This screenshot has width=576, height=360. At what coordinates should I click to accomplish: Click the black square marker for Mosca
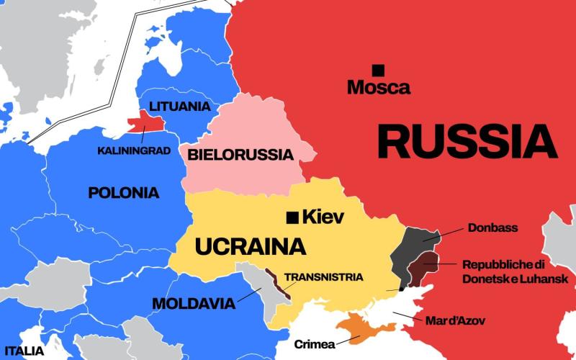click(377, 70)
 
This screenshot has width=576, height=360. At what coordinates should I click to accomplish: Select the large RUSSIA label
click(467, 141)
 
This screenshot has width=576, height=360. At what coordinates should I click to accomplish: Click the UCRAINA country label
click(251, 247)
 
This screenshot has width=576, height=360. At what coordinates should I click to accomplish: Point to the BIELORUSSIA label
click(240, 155)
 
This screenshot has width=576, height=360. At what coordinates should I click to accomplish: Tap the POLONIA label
click(123, 193)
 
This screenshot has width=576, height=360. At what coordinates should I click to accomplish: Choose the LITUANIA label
click(179, 107)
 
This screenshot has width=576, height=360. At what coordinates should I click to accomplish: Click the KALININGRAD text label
click(134, 150)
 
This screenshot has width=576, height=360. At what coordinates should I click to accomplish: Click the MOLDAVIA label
click(193, 304)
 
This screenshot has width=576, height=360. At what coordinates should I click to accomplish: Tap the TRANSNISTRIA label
click(323, 276)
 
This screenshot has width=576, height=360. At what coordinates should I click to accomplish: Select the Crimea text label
click(315, 344)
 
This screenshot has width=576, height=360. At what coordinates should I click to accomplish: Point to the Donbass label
click(492, 228)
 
